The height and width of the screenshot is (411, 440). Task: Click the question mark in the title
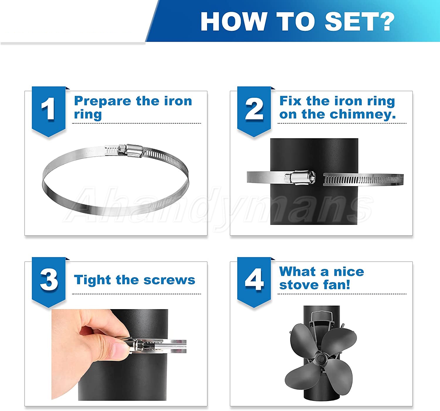coord(385,21)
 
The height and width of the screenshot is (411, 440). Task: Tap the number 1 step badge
coord(48,111)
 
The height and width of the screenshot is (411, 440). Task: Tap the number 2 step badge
coord(254,111)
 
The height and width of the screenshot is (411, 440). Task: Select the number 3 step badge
coord(48,282)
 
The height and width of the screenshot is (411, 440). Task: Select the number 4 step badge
coord(254,282)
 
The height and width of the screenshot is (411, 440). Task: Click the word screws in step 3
coord(169,280)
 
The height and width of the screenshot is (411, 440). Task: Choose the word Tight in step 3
coord(92,280)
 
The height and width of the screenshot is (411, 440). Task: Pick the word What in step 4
coord(297,272)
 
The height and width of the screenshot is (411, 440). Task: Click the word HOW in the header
coord(233,21)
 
